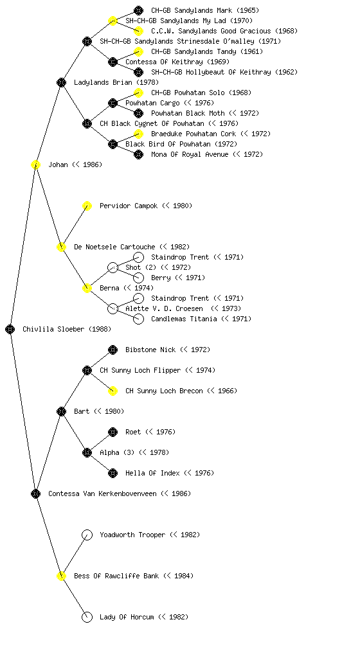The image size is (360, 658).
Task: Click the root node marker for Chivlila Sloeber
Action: (x=10, y=330)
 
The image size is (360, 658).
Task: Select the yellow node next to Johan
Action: (x=35, y=165)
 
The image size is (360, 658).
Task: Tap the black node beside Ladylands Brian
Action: (x=61, y=83)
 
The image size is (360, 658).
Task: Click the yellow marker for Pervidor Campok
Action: (x=87, y=206)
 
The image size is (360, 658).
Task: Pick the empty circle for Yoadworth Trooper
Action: (x=87, y=535)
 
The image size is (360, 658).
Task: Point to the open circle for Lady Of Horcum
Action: (x=87, y=618)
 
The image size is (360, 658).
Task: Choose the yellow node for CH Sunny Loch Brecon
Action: (x=113, y=391)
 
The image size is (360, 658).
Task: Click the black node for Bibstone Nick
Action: (x=113, y=350)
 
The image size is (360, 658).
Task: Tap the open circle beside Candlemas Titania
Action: (x=138, y=319)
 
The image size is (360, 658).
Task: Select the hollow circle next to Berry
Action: (x=138, y=278)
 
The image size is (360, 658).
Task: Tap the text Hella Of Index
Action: (x=152, y=473)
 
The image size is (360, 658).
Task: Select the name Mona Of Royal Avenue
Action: (x=190, y=154)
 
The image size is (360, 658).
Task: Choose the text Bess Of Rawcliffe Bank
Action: (x=116, y=576)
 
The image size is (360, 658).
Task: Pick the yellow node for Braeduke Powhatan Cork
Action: (x=138, y=134)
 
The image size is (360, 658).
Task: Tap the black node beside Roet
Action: (x=113, y=432)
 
